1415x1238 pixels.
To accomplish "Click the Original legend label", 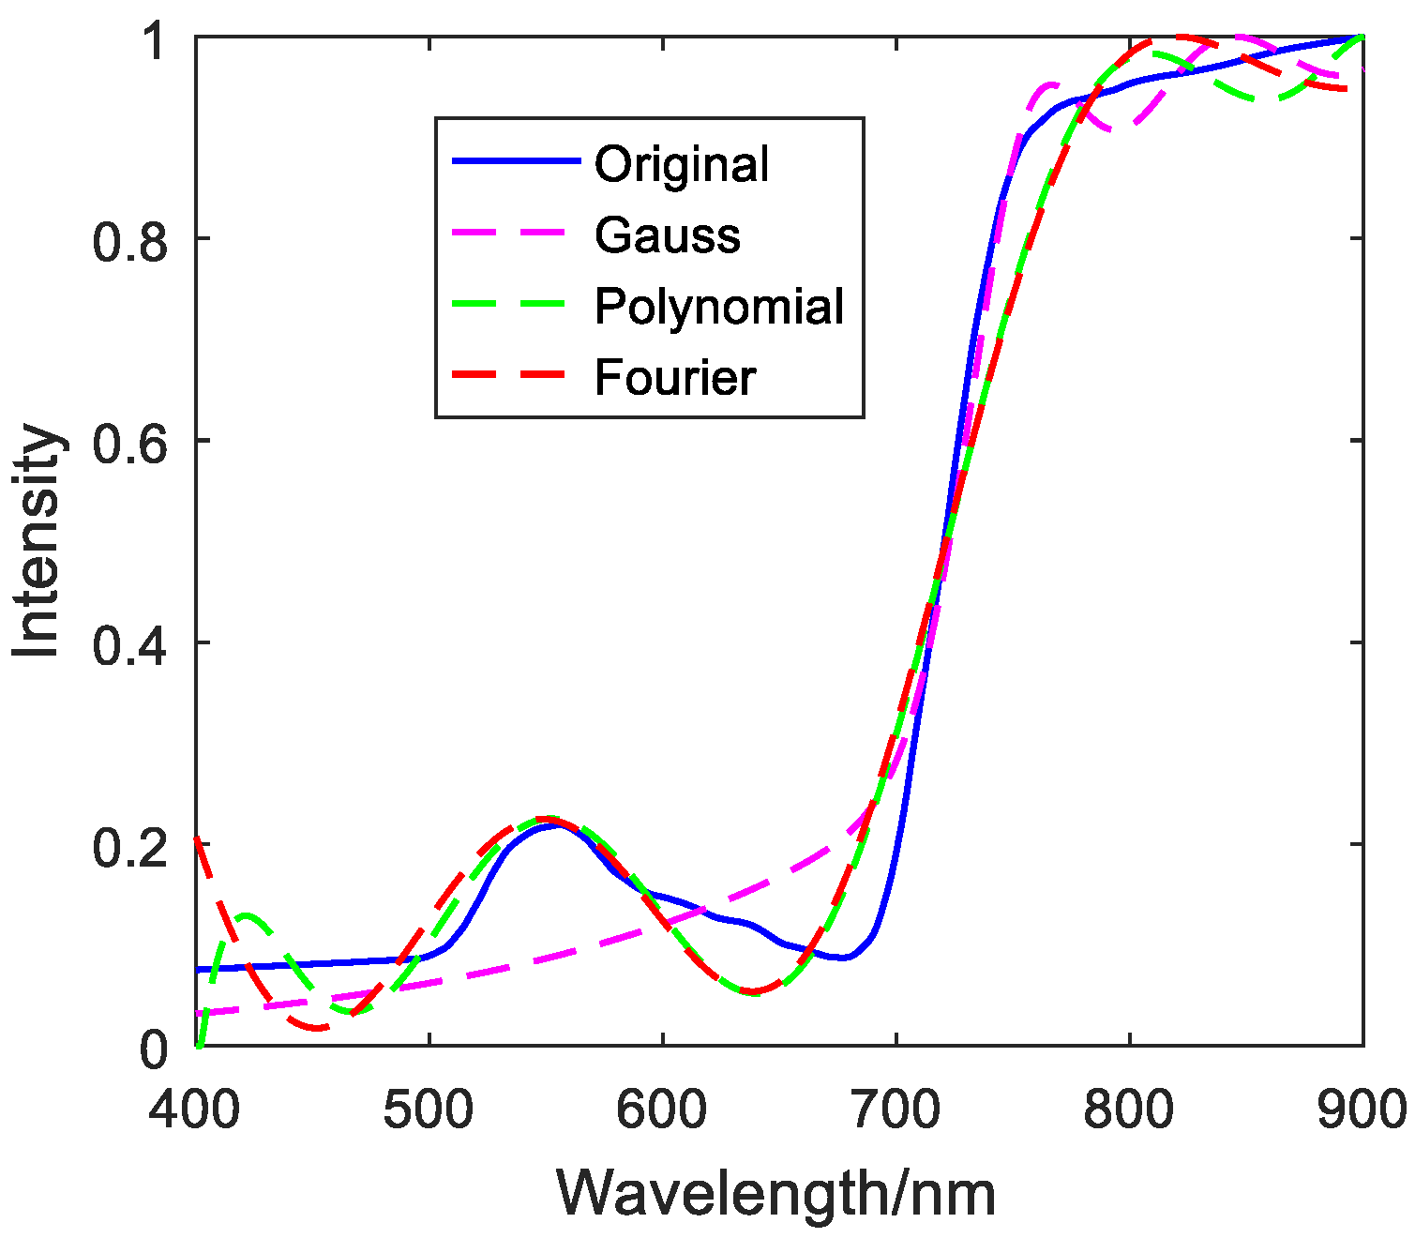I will [682, 164].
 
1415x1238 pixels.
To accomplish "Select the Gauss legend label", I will [667, 235].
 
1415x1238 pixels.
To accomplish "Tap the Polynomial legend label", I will [719, 307].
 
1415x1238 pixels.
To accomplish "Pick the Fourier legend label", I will [674, 378].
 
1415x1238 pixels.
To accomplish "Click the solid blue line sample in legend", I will [515, 162].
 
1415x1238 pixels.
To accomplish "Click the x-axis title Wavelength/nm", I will [776, 1194].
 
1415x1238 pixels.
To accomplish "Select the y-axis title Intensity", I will [38, 541].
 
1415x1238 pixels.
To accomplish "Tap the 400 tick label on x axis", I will [195, 1110].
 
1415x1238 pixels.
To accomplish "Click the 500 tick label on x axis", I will [429, 1110].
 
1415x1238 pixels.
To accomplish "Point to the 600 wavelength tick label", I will [662, 1110].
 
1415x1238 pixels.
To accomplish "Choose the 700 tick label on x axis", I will [896, 1110].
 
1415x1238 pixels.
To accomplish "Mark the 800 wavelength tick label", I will [1129, 1110].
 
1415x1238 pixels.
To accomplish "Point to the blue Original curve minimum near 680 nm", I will [845, 958].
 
